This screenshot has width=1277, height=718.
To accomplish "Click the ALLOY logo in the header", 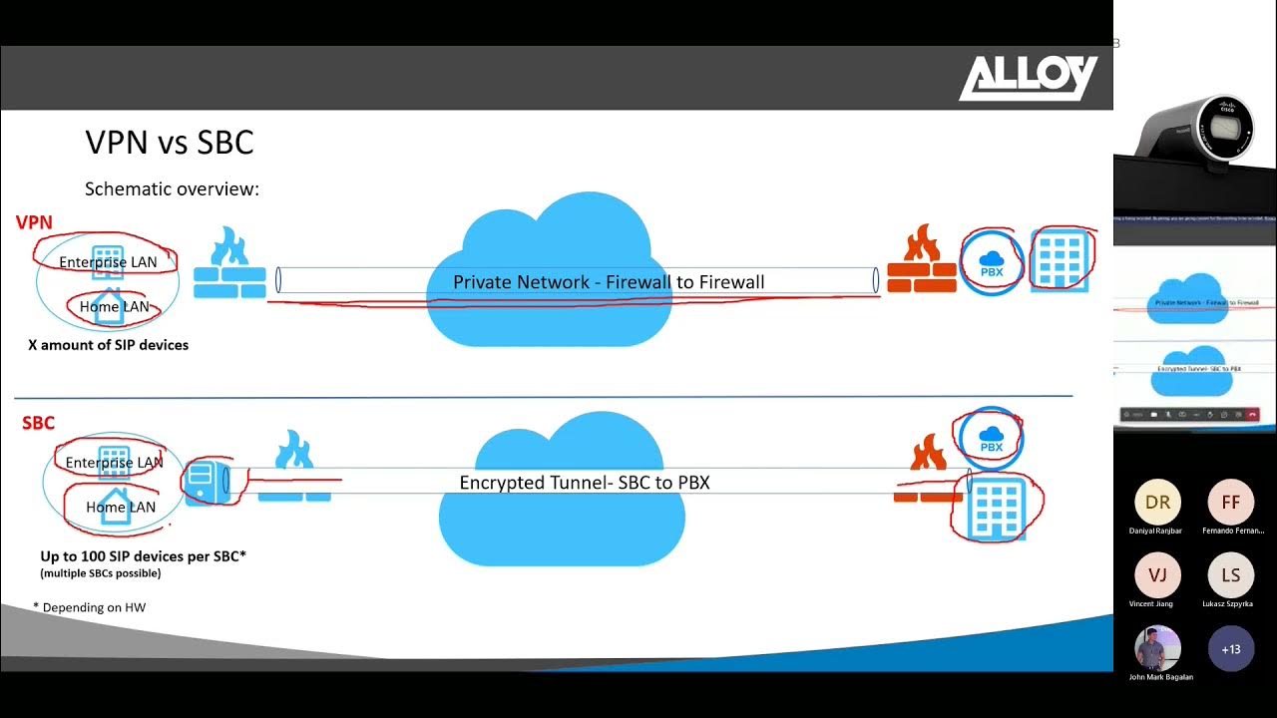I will pyautogui.click(x=1028, y=78).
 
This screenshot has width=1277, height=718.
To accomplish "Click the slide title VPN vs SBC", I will pyautogui.click(x=170, y=143).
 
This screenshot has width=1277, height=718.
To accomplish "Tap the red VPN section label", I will pyautogui.click(x=34, y=222).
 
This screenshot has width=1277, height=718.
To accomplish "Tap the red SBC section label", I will pyautogui.click(x=38, y=423).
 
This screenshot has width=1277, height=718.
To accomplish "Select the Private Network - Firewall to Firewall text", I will pyautogui.click(x=609, y=282).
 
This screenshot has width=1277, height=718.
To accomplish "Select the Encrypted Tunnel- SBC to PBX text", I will pyautogui.click(x=585, y=483).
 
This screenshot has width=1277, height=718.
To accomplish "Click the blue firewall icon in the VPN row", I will pyautogui.click(x=229, y=263).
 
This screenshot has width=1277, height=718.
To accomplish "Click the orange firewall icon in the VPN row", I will pyautogui.click(x=922, y=260).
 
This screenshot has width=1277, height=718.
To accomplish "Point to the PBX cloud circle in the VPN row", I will pyautogui.click(x=992, y=262).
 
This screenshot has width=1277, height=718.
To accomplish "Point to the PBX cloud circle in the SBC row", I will pyautogui.click(x=991, y=438).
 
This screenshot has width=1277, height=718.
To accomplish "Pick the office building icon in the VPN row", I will pyautogui.click(x=1062, y=259).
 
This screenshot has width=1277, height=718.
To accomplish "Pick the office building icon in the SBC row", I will pyautogui.click(x=997, y=507).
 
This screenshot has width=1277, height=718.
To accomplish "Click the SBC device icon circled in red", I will pyautogui.click(x=205, y=481).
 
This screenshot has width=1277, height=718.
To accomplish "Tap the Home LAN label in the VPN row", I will pyautogui.click(x=114, y=306).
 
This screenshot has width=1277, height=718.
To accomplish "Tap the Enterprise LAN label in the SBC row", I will pyautogui.click(x=114, y=462).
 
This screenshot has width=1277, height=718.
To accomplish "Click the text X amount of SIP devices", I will pyautogui.click(x=108, y=345).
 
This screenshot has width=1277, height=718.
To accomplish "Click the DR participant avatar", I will pyautogui.click(x=1157, y=503).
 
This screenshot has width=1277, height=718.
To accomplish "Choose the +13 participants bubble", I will pyautogui.click(x=1230, y=649).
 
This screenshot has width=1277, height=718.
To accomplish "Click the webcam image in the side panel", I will pyautogui.click(x=1197, y=130).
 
